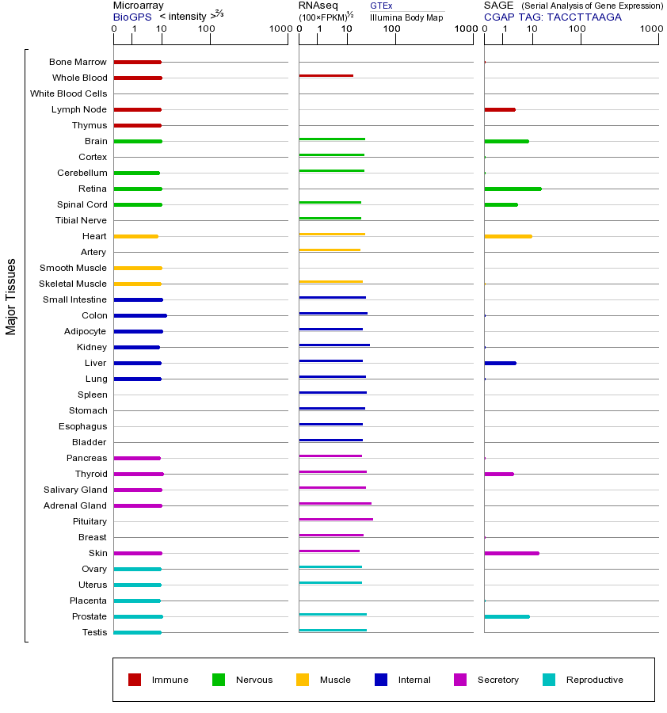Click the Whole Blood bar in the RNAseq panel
(326, 75)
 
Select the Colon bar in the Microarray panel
(140, 315)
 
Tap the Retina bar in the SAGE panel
(513, 189)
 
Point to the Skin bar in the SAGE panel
(511, 553)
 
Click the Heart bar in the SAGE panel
(508, 236)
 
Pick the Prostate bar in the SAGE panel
(506, 616)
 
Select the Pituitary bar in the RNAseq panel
(336, 519)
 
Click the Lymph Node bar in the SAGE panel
(499, 109)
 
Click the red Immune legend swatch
(135, 680)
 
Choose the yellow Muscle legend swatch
(303, 680)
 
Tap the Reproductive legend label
(594, 680)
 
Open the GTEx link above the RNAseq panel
(381, 6)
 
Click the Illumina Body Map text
(406, 17)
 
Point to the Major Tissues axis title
(11, 296)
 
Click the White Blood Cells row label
(68, 93)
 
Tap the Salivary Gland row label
(75, 490)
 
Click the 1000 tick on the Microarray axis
(279, 30)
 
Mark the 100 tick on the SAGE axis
(577, 30)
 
